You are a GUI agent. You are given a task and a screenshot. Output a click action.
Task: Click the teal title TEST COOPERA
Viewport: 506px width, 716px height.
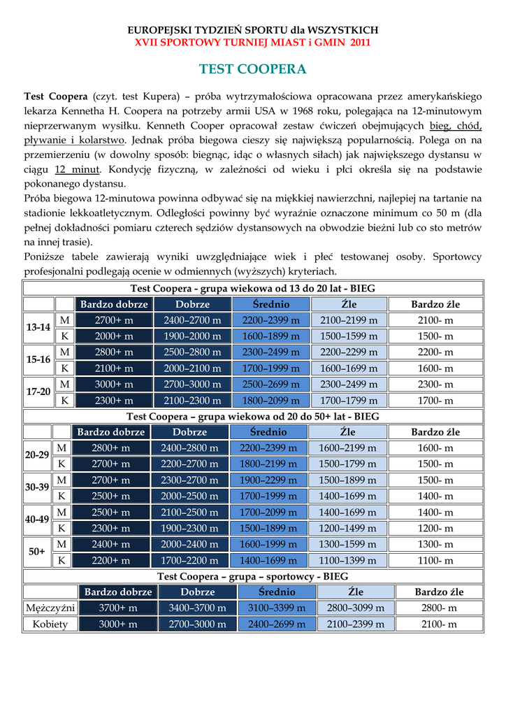tap(252, 69)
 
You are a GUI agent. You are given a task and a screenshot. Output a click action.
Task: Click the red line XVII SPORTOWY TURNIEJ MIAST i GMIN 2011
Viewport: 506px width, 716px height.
tap(252, 43)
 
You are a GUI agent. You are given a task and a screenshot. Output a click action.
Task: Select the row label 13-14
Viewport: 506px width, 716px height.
tap(38, 328)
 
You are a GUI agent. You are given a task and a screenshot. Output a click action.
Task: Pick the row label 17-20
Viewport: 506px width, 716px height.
tap(38, 392)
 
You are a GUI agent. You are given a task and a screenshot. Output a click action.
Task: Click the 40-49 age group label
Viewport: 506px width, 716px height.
tap(37, 520)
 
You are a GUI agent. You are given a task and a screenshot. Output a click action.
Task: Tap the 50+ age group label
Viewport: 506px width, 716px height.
tap(37, 552)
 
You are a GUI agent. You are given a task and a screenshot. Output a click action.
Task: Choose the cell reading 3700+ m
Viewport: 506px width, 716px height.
tap(117, 608)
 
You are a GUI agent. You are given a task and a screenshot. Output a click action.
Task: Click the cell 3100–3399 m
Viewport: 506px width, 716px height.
tap(277, 608)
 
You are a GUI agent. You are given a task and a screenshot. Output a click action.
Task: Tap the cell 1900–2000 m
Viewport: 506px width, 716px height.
tap(192, 336)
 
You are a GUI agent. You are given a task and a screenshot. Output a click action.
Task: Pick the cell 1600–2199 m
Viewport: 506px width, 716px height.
tap(347, 448)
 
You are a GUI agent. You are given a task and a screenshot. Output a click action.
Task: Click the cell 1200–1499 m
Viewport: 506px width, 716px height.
tap(347, 529)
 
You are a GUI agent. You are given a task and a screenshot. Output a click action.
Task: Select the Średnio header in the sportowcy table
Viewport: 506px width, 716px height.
tap(277, 592)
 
